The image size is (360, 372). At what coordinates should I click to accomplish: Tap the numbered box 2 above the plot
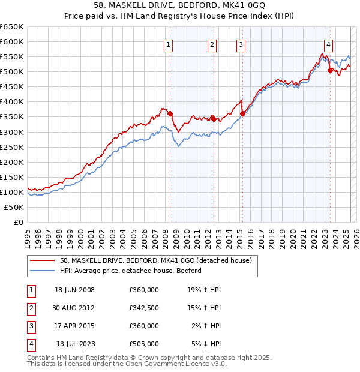point(212,44)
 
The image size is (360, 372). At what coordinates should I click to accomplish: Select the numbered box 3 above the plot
point(241,44)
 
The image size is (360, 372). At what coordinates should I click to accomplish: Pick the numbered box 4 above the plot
point(329,44)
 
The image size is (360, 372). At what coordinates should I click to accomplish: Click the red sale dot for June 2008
point(170,113)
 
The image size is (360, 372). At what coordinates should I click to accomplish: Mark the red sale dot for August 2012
point(214,119)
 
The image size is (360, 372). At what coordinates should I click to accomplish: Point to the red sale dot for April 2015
point(242,113)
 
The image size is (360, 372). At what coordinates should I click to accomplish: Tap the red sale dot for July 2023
point(330,70)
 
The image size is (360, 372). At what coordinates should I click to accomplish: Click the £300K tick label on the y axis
point(12,132)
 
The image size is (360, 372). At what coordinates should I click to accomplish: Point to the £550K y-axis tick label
point(12,56)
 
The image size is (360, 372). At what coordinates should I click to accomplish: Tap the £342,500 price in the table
point(143,308)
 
